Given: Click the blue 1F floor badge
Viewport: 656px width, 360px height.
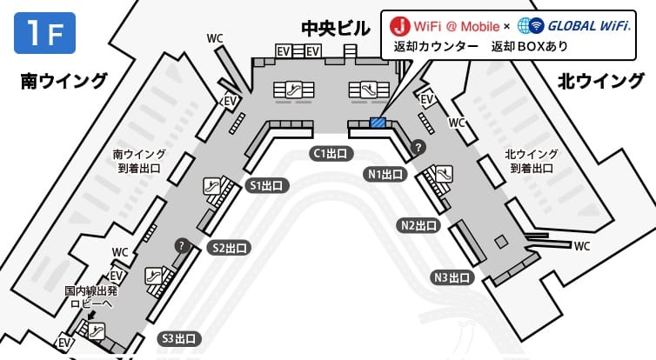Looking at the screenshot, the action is tap(44, 33).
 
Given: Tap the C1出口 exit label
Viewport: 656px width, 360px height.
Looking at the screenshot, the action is tap(331, 153).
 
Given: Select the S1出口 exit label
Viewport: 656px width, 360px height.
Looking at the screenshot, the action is tap(267, 185).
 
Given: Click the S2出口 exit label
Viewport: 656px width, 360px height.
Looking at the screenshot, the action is tap(230, 248).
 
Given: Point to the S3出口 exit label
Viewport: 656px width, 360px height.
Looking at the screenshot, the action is tap(179, 338).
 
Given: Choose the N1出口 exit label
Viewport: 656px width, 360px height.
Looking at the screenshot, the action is tap(385, 174).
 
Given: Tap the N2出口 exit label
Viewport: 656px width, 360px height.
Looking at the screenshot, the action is tap(418, 226).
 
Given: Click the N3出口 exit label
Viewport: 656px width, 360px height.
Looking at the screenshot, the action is tap(452, 277).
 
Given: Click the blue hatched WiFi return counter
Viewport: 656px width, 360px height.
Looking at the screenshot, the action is tap(378, 122).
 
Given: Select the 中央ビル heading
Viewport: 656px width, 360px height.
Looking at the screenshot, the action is tap(336, 29).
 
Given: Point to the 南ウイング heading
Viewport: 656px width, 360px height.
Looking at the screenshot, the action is tap(64, 81).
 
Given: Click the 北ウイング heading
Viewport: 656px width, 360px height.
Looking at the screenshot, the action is tap(601, 81).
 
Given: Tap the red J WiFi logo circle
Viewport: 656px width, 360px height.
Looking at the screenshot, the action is tap(399, 26).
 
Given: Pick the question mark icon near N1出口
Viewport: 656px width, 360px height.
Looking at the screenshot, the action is tap(418, 146).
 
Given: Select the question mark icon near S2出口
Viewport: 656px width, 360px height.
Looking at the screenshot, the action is tap(182, 245).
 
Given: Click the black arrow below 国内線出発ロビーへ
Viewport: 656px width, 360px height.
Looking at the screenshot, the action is tap(91, 315).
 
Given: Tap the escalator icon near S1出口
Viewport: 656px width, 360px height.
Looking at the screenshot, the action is tap(212, 186).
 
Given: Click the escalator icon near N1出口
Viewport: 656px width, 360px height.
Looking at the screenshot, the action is tap(444, 174).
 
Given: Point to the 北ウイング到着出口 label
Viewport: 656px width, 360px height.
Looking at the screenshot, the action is tap(532, 161).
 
